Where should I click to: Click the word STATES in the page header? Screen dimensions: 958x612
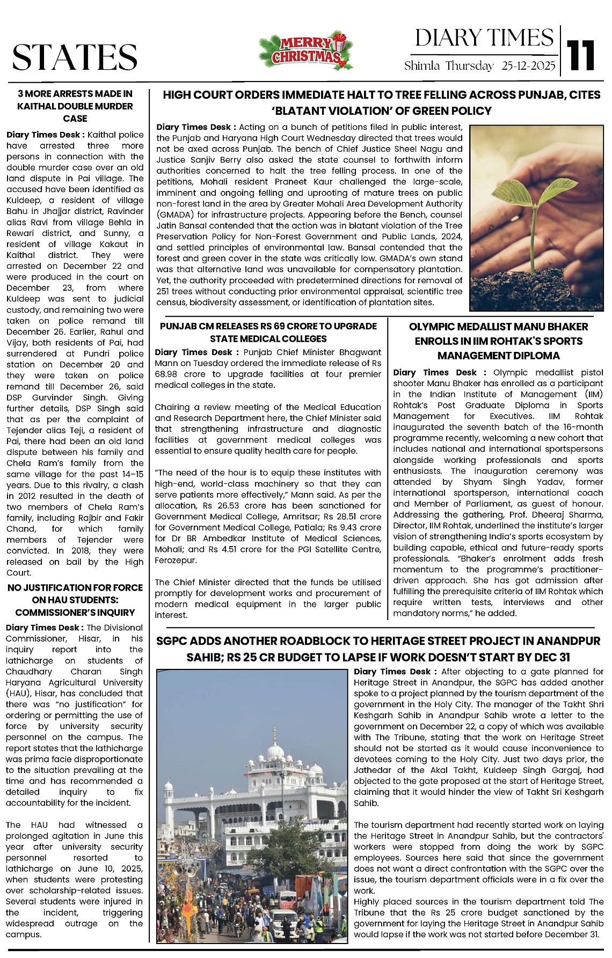click(x=75, y=57)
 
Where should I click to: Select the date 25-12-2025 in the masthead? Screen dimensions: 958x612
click(x=529, y=66)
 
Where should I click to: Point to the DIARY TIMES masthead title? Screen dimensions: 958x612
click(x=484, y=38)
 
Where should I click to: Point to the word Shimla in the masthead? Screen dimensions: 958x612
click(x=422, y=66)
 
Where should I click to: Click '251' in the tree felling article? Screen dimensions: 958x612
click(x=164, y=291)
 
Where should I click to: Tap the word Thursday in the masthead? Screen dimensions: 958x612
click(x=470, y=66)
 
